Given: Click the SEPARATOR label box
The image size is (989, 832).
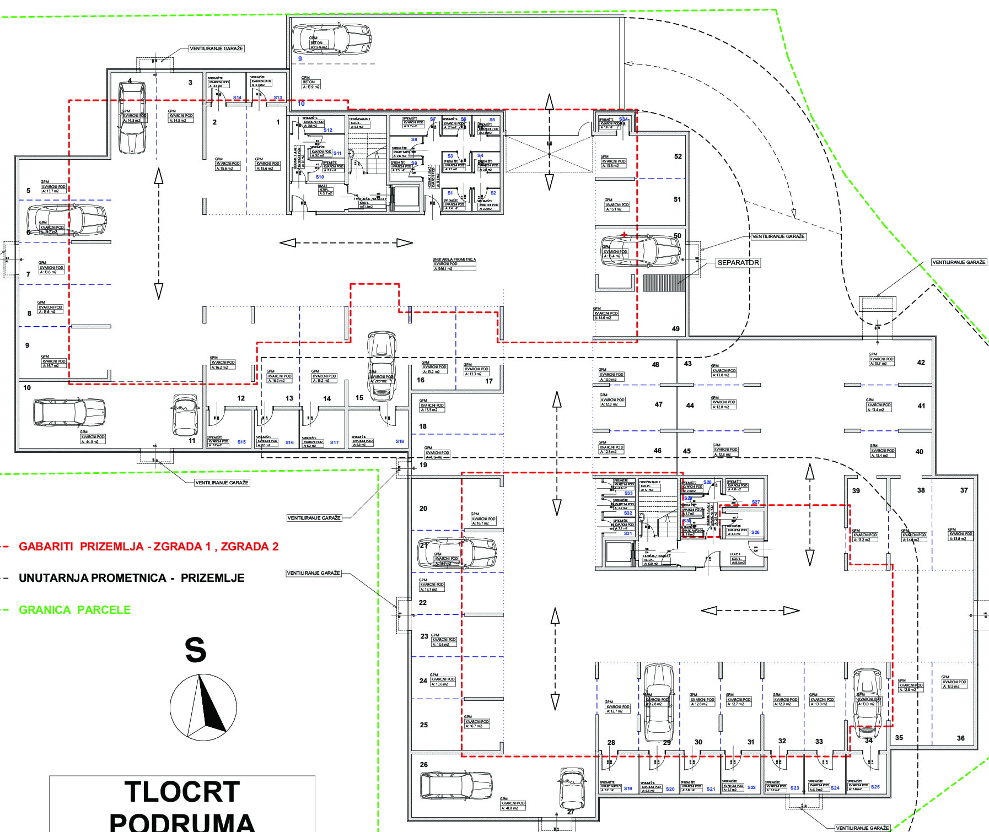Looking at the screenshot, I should click(738, 263).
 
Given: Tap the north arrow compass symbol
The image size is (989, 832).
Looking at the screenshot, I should click(203, 707).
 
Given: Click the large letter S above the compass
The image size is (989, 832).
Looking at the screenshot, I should click(196, 650).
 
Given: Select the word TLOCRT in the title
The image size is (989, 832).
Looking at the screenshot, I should click(182, 792).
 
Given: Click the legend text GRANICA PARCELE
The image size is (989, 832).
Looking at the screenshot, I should click(75, 610).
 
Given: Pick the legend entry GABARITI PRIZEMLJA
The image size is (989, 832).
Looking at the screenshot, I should click(148, 547).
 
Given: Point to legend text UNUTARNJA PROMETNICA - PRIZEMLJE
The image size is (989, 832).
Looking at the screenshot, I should click(131, 578).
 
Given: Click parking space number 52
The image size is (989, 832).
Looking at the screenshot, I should click(678, 156).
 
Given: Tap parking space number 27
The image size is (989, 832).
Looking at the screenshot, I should click(571, 812).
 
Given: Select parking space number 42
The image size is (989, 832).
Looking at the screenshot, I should click(921, 363).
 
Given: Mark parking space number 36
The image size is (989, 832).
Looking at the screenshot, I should click(961, 738).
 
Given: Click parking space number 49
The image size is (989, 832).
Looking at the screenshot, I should click(676, 329).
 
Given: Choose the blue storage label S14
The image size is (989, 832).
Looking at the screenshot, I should click(237, 98).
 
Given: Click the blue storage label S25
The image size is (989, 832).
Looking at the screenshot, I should click(875, 787).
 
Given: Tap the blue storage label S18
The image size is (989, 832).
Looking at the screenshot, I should click(400, 441).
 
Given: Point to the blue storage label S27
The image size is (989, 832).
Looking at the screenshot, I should click(756, 503).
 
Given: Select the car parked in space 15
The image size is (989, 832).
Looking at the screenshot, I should click(381, 365).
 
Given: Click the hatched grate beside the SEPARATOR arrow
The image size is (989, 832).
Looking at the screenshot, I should click(664, 283).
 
